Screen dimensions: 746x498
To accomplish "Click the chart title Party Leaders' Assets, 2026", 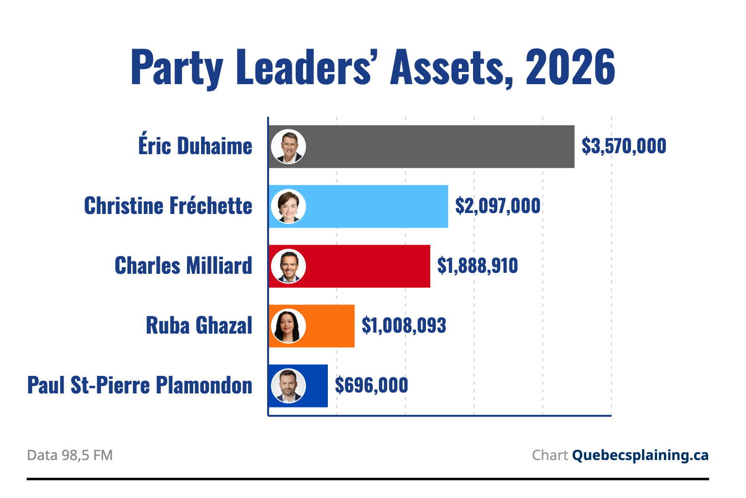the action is (373, 68).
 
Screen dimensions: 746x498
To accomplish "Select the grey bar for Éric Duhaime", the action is (422, 147).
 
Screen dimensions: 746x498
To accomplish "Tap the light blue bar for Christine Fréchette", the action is (358, 207).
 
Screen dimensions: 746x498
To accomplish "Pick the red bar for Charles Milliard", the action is (349, 266).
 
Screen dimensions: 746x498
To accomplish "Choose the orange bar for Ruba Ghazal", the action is (312, 326).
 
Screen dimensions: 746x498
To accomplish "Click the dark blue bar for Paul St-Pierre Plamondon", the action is (298, 386).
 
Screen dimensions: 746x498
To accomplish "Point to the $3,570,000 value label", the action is (624, 146).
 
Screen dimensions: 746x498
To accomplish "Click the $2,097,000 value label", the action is (498, 206).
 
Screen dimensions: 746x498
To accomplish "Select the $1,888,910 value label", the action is (477, 266).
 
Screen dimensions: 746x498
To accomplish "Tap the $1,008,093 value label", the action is (404, 325).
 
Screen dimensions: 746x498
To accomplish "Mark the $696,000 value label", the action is (372, 385).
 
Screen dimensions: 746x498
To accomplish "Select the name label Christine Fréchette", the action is (168, 205).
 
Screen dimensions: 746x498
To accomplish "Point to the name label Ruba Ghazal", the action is (199, 325).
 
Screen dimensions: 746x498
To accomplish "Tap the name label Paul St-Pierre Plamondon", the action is (140, 385).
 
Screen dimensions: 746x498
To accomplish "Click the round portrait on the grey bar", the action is (288, 147).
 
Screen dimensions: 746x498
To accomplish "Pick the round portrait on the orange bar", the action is (288, 326).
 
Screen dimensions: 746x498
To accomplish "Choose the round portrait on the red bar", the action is (288, 266).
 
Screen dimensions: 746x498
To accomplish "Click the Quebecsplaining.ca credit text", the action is (641, 456).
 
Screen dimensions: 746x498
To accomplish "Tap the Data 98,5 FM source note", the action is (70, 455).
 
